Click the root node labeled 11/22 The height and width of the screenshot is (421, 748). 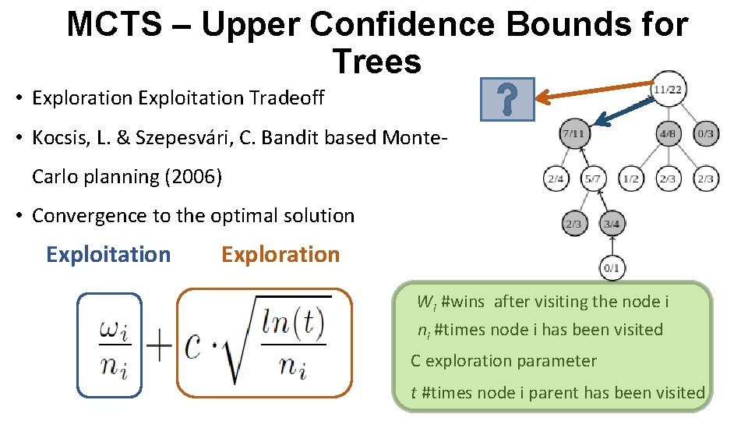[668, 90]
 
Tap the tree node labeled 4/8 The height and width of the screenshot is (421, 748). [668, 133]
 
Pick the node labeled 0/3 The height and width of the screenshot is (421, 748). [705, 133]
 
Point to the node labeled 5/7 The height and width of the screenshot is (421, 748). [594, 179]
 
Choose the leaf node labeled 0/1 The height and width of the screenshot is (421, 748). [612, 268]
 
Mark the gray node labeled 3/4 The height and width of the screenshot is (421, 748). [612, 224]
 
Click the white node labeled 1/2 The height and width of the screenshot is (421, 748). [631, 179]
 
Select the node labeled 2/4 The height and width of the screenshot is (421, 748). [556, 179]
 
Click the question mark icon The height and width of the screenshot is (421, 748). [507, 100]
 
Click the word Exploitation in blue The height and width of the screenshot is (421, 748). [108, 255]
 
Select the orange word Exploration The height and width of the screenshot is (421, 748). [280, 255]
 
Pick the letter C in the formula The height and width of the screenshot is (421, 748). [196, 347]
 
